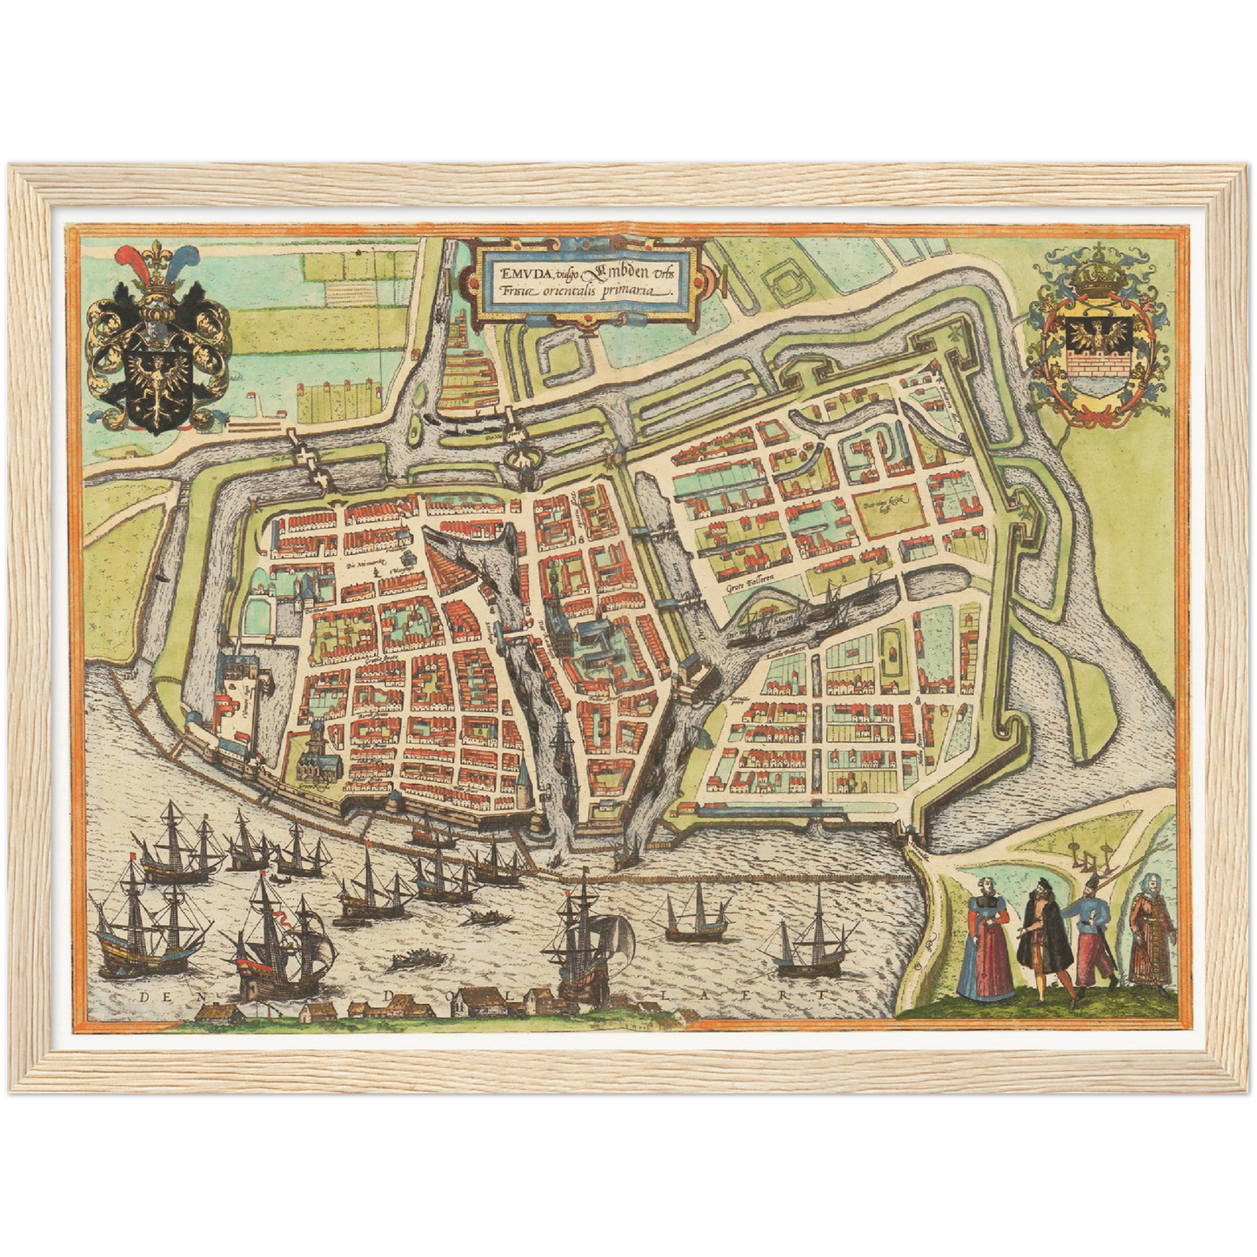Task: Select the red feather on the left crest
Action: coord(130,263)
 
